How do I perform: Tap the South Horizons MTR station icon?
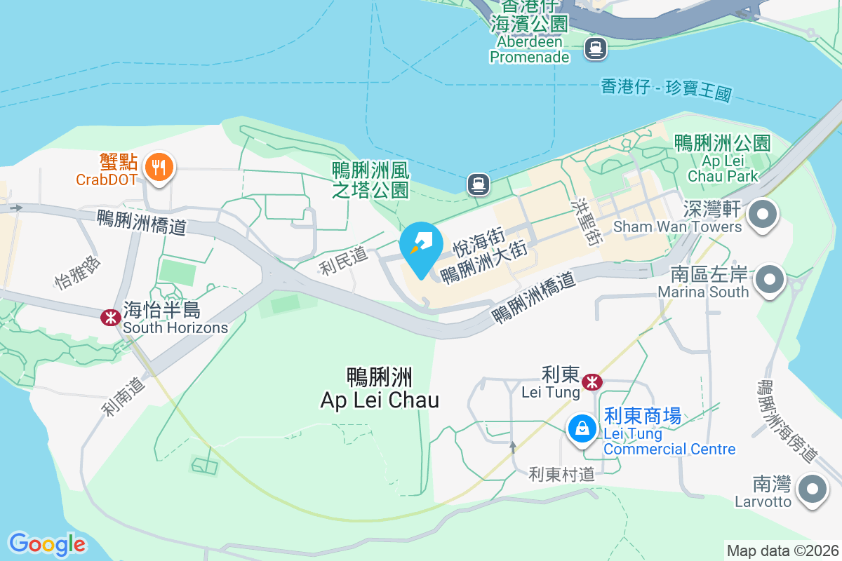[110, 318]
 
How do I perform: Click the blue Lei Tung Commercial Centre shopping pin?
[582, 427]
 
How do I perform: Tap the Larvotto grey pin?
[812, 488]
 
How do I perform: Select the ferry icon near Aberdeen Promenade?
[596, 48]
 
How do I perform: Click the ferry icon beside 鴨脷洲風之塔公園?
[479, 184]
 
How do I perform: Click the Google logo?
[47, 544]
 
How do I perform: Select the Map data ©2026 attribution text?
[782, 550]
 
